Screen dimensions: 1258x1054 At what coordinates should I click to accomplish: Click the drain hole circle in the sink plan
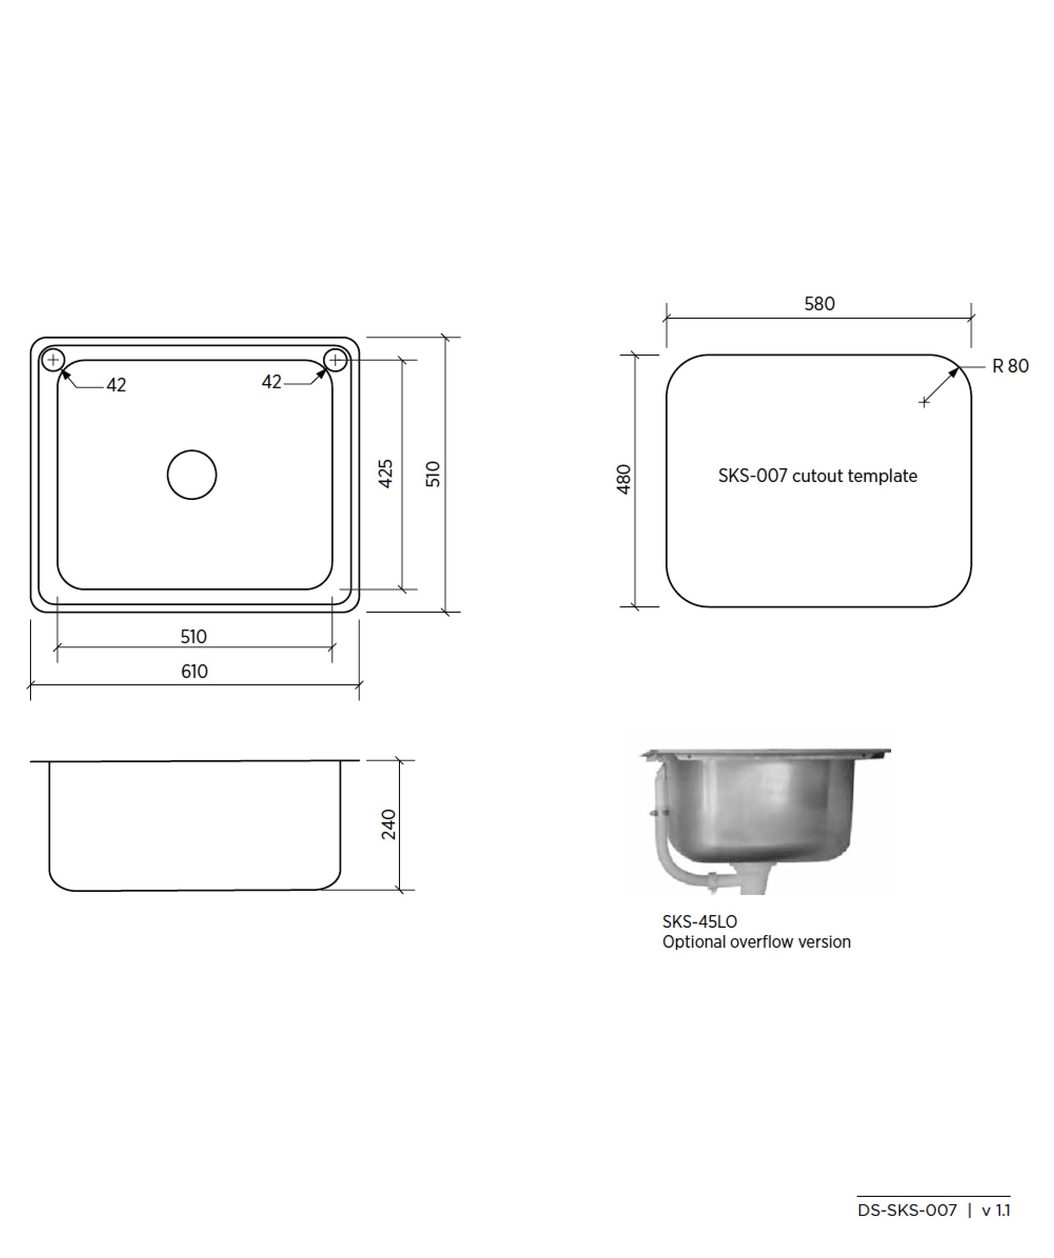[192, 475]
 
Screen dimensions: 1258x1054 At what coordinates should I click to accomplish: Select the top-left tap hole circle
[53, 360]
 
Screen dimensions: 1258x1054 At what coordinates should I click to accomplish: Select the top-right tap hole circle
[336, 360]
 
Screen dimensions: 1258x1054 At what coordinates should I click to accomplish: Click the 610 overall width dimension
[194, 672]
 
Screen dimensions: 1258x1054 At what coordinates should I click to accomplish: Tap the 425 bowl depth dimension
[386, 473]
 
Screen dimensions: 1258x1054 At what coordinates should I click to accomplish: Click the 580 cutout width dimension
[819, 304]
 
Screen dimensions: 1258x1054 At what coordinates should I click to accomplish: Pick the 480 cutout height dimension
[624, 479]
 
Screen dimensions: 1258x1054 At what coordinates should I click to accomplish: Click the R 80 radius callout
[1010, 366]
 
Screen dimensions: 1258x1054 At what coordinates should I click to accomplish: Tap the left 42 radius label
[116, 385]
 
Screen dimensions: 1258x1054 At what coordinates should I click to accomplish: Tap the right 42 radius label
[271, 381]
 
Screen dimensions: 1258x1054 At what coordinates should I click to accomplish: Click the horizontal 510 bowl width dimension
[193, 636]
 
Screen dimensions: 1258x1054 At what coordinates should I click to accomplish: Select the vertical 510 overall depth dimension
[433, 473]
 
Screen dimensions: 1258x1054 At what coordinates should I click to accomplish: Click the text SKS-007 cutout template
[817, 476]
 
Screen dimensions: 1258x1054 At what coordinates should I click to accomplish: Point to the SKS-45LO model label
[699, 922]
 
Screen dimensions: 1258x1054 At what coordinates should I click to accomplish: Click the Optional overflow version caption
[756, 942]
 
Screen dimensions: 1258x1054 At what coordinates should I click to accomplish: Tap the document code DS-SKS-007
[906, 1211]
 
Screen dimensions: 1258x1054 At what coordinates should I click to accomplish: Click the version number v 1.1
[996, 1211]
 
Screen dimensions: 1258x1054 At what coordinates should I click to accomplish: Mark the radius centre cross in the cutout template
[924, 402]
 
